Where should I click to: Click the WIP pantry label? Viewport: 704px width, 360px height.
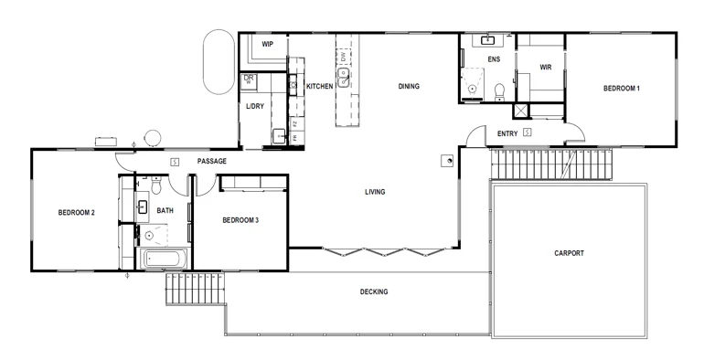click(x=268, y=44)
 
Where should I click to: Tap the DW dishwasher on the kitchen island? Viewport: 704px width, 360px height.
click(x=344, y=58)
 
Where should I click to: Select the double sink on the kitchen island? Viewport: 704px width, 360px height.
click(x=344, y=79)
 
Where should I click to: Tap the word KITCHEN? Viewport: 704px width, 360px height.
click(x=319, y=87)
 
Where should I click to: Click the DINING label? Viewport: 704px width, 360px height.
click(x=408, y=87)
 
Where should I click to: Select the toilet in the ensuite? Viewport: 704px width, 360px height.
click(x=499, y=90)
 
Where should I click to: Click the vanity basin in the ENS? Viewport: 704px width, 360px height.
click(x=487, y=40)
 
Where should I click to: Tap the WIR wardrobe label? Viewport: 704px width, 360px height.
click(x=546, y=67)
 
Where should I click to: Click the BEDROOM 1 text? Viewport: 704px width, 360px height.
click(x=621, y=88)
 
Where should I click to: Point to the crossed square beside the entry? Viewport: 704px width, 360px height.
click(x=521, y=111)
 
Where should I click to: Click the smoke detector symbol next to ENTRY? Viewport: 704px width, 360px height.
click(x=528, y=133)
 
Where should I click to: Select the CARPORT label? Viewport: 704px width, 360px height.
click(x=569, y=253)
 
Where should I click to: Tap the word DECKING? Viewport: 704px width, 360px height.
click(x=373, y=292)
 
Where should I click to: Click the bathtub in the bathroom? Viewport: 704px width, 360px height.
click(x=165, y=259)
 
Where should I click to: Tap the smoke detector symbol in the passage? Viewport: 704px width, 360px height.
click(x=176, y=162)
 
